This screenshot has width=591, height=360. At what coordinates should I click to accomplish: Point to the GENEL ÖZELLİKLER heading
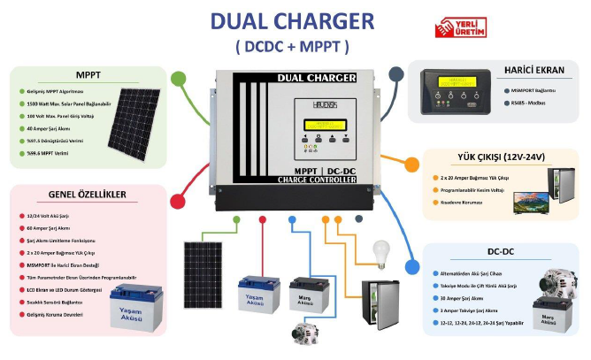(87, 195)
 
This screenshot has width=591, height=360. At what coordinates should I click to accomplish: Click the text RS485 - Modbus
(532, 103)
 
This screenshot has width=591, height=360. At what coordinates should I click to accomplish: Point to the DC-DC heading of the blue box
(501, 252)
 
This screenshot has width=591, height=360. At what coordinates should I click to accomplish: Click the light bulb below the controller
(381, 253)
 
